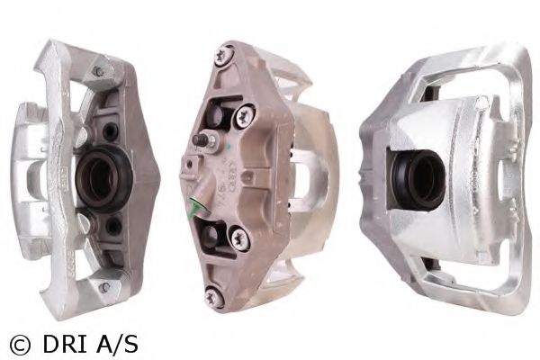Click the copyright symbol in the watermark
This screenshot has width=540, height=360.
pyautogui.click(x=20, y=345)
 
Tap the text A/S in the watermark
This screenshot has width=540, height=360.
pyautogui.click(x=117, y=344)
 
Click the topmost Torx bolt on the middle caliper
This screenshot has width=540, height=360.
pyautogui.click(x=223, y=56)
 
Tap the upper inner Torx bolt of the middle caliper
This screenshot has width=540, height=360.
pyautogui.click(x=244, y=115)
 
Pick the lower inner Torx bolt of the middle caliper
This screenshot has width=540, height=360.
pyautogui.click(x=239, y=238)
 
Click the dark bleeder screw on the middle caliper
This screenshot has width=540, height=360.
pyautogui.click(x=200, y=139)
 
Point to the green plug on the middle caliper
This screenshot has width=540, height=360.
pyautogui.click(x=195, y=208)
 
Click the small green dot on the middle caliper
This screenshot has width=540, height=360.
pyautogui.click(x=228, y=147)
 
